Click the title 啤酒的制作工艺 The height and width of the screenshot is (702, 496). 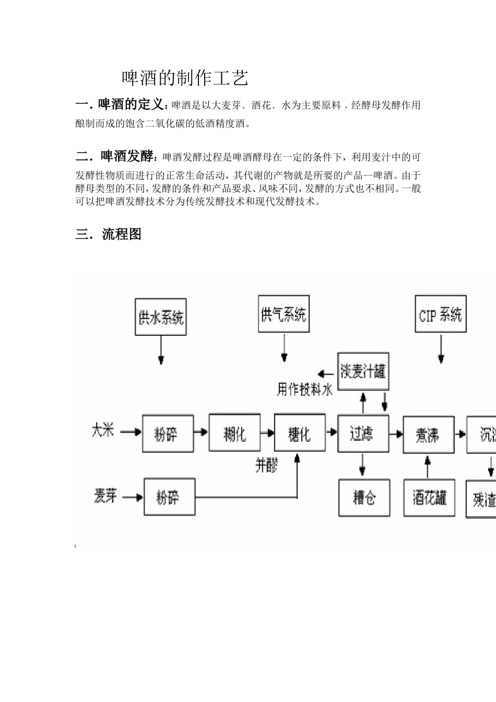(x=185, y=78)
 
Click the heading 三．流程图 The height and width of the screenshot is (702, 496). (x=109, y=235)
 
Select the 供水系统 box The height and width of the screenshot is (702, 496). (x=161, y=317)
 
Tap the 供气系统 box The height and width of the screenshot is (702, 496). (x=284, y=314)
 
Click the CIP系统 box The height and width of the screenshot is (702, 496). (x=441, y=314)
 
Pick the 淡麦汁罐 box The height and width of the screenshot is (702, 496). (x=363, y=372)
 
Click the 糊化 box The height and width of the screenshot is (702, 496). (x=234, y=433)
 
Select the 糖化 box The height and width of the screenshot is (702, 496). (x=300, y=433)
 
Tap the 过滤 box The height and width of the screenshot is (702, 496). (x=363, y=433)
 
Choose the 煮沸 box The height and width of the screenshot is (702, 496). (x=428, y=435)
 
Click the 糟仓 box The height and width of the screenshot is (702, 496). (x=364, y=498)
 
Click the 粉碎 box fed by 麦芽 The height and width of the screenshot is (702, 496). (x=169, y=497)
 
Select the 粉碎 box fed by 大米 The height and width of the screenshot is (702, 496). (x=168, y=434)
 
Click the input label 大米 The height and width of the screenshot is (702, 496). (x=102, y=431)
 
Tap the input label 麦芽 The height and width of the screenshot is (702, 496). (x=105, y=496)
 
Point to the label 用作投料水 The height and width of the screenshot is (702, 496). (x=304, y=389)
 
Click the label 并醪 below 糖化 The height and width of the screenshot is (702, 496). (x=266, y=465)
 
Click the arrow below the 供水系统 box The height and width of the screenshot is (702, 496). (x=161, y=349)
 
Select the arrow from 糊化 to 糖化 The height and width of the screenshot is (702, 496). (x=267, y=432)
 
